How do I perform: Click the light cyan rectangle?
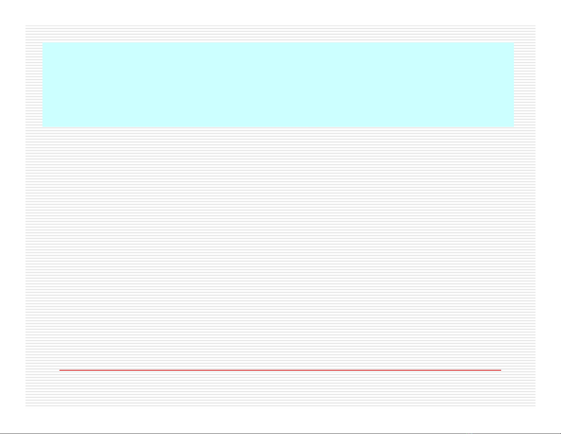tap(278, 84)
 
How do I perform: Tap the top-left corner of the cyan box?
tap(43, 43)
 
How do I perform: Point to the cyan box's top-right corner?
tap(513, 43)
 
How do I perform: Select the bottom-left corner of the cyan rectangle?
tap(43, 126)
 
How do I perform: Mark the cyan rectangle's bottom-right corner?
tap(513, 126)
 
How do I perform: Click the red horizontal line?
tap(280, 370)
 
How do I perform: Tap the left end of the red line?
tap(60, 370)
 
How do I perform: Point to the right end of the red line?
tap(501, 370)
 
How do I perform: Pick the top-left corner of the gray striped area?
tap(26, 26)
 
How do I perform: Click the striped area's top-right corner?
tap(535, 26)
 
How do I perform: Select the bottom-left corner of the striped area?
tap(26, 406)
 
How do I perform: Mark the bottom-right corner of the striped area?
tap(535, 406)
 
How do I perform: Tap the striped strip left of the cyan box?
tap(34, 84)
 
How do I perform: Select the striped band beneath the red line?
tap(280, 388)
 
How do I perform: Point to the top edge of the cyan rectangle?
tap(278, 43)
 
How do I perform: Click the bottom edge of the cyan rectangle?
tap(278, 126)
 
